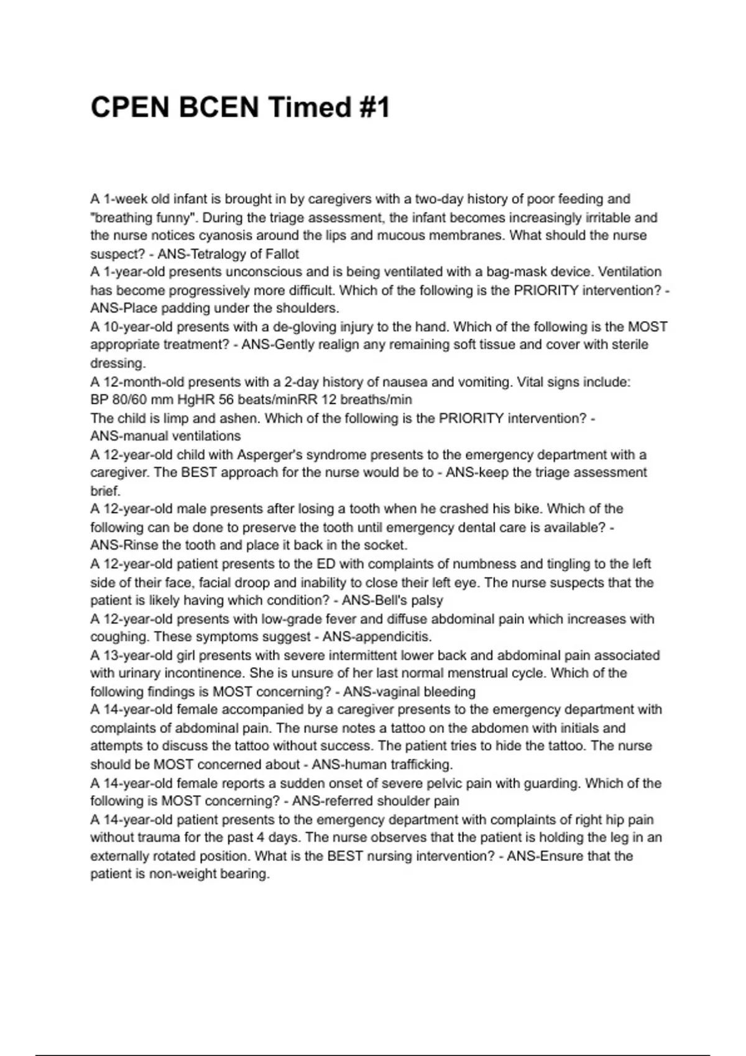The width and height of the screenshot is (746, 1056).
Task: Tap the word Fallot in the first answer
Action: pos(280,254)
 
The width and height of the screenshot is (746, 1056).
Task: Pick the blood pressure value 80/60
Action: pos(129,399)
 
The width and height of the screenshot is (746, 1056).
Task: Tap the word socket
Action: pos(388,545)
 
